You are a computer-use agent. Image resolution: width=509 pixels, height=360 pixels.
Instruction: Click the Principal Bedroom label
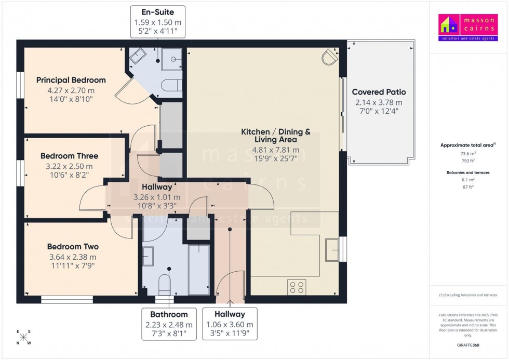tap(71, 80)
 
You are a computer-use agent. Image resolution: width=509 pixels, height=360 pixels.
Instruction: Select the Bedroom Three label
tap(69, 156)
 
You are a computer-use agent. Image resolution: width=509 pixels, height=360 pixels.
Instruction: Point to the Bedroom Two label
tap(73, 247)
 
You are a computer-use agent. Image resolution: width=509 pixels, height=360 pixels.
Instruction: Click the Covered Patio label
tap(379, 92)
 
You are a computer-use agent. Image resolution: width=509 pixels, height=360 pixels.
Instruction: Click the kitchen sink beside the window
tap(331, 250)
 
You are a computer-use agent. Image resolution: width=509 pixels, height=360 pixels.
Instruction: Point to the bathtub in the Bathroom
tap(198, 269)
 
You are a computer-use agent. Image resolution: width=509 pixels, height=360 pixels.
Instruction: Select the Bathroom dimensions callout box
tap(169, 323)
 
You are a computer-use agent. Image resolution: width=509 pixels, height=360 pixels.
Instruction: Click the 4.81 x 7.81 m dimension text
tap(275, 150)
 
